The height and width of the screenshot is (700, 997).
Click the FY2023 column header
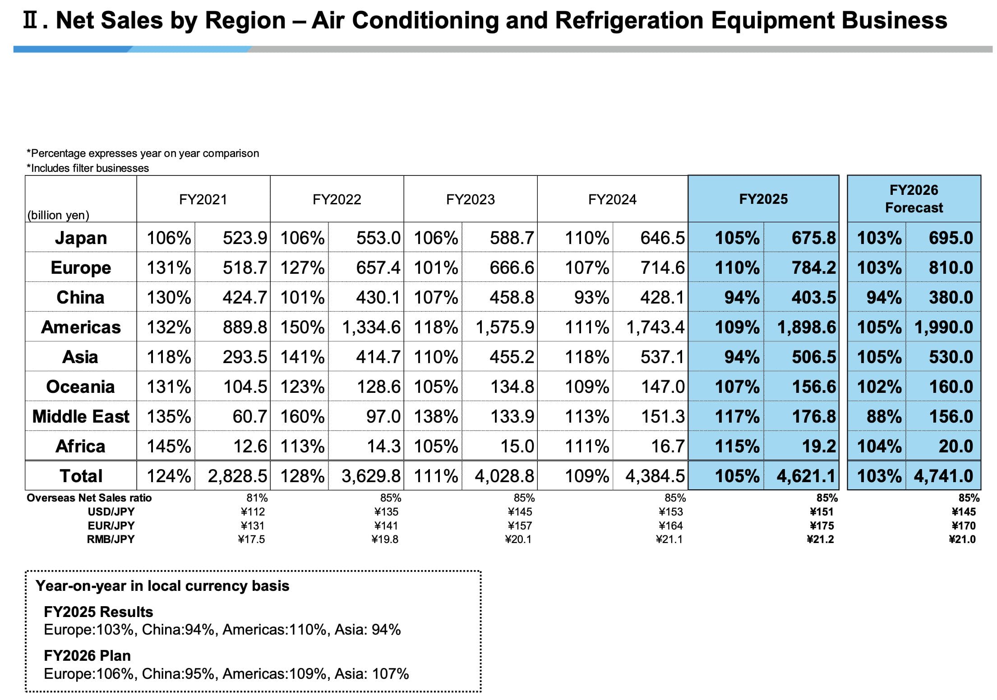click(470, 199)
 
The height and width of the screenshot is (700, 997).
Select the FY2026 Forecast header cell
click(914, 198)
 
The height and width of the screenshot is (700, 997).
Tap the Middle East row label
click(81, 416)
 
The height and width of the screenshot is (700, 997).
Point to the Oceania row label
click(81, 387)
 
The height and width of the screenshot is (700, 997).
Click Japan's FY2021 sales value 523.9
click(245, 238)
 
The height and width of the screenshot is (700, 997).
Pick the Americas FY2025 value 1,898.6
click(806, 327)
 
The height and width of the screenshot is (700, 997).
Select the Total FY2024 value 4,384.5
click(655, 476)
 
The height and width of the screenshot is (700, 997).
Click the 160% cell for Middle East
click(302, 416)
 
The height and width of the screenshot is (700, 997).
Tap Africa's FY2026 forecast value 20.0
click(955, 446)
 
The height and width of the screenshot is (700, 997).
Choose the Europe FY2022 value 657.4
click(378, 267)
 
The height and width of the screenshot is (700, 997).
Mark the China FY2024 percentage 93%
click(591, 297)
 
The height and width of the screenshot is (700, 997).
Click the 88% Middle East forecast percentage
click(884, 416)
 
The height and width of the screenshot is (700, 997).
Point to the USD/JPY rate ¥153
click(671, 511)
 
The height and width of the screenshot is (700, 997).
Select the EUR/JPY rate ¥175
click(822, 525)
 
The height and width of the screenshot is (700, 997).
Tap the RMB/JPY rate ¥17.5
click(251, 539)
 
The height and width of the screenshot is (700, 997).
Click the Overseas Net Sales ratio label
click(89, 497)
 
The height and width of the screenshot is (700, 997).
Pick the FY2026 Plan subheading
click(87, 655)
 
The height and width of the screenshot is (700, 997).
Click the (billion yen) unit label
click(58, 215)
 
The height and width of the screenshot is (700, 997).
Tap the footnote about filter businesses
click(88, 168)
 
